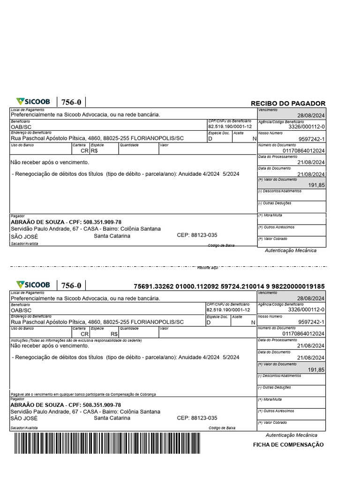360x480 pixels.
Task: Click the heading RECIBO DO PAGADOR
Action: click(288, 104)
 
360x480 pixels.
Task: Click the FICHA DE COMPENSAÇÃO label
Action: click(288, 445)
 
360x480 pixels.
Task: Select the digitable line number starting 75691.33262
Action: click(229, 286)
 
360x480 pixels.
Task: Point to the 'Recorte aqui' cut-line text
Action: click(208, 267)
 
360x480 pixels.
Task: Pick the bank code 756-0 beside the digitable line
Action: click(71, 285)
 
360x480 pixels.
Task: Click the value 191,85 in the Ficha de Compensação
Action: click(316, 370)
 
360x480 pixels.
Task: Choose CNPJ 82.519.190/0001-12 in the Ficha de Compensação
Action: click(228, 310)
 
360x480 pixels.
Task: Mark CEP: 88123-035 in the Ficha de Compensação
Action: click(197, 418)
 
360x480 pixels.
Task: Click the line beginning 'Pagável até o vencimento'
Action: click(83, 395)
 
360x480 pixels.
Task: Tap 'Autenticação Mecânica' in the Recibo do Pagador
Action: click(291, 250)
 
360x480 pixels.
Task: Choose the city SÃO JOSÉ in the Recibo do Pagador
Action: click(24, 237)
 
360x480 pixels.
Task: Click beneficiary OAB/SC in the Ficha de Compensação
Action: click(21, 310)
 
